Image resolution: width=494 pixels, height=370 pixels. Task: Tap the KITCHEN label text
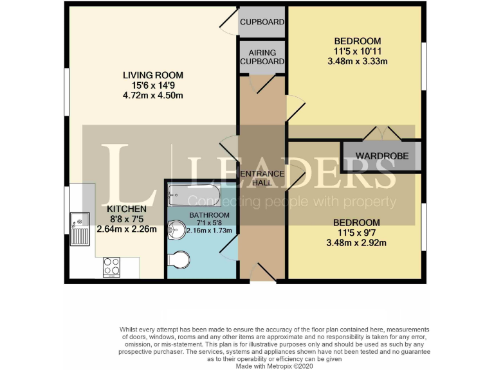pyautogui.click(x=126, y=209)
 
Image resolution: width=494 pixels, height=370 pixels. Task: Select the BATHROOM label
pyautogui.click(x=209, y=215)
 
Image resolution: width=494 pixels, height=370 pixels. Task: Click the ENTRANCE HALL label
pyautogui.click(x=262, y=178)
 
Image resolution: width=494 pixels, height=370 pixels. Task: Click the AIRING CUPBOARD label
pyautogui.click(x=262, y=57)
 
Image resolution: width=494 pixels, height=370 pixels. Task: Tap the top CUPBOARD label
pyautogui.click(x=262, y=22)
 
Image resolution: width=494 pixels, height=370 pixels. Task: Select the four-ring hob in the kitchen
pyautogui.click(x=111, y=266)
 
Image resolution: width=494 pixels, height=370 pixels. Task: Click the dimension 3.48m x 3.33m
pyautogui.click(x=356, y=62)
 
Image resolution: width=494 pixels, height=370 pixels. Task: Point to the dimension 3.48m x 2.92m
pyautogui.click(x=356, y=243)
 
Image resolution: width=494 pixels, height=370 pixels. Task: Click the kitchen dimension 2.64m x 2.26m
pyautogui.click(x=126, y=229)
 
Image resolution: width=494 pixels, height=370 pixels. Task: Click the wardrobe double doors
pyautogui.click(x=381, y=134)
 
